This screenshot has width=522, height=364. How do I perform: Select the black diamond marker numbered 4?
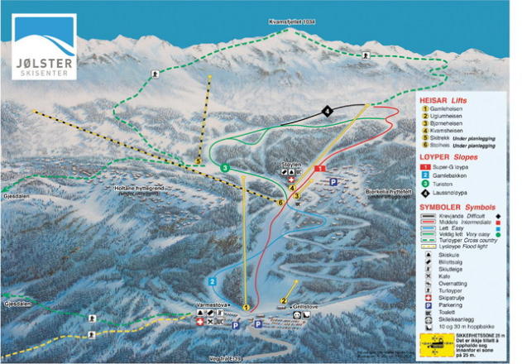(328, 111)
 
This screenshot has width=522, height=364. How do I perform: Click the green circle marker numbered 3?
(225, 168)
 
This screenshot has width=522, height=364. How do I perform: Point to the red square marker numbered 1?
(319, 168)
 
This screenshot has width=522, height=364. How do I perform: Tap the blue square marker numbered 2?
(213, 282)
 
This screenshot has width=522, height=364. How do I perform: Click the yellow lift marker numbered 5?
(199, 160)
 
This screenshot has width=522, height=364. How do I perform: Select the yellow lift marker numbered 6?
(281, 203)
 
